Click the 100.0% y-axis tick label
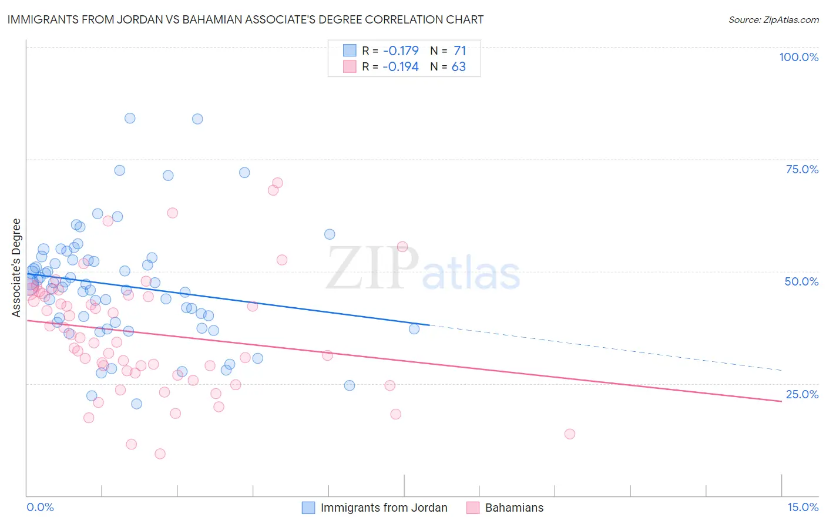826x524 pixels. coord(798,57)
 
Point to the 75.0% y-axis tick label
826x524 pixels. coord(802,169)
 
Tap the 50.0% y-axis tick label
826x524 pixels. coord(801,281)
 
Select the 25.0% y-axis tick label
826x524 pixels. coord(802,394)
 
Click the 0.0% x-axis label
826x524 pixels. coord(40,507)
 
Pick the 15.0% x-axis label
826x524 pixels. coord(803,507)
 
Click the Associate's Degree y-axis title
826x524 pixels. coord(16,268)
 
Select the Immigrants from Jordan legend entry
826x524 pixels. coord(384,508)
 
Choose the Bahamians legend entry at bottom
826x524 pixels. coord(514,508)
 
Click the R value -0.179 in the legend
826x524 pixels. coord(400,51)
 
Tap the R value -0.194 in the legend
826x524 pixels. coord(400,66)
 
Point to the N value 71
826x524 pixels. coord(459,51)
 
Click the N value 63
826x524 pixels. coord(458,66)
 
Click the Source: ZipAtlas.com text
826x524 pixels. coord(773,19)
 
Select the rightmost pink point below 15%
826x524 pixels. coord(569,434)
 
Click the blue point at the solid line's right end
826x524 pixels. coord(414,329)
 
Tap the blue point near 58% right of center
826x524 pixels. coord(330,234)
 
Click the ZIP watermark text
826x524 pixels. coord(372,268)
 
